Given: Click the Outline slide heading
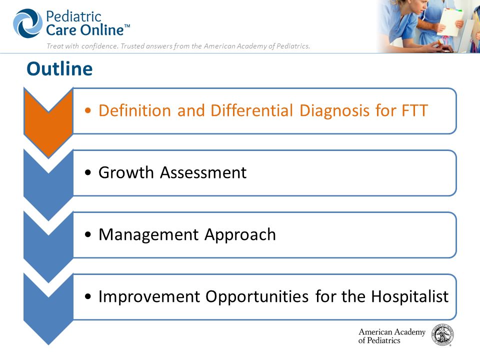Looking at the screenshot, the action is pyautogui.click(x=59, y=68).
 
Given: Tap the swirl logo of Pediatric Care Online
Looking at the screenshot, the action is pyautogui.click(x=27, y=23).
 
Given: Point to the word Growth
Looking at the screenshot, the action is pyautogui.click(x=126, y=172).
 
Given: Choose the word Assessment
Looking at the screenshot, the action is pyautogui.click(x=203, y=172).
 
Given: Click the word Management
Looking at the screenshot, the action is pyautogui.click(x=148, y=235).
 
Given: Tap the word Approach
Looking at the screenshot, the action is pyautogui.click(x=240, y=235).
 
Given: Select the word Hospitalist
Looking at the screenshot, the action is pyautogui.click(x=410, y=296).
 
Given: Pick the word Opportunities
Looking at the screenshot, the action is pyautogui.click(x=257, y=296).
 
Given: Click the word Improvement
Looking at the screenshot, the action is pyautogui.click(x=149, y=296).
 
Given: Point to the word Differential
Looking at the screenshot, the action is pyautogui.click(x=251, y=110).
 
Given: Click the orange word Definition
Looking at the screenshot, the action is pyautogui.click(x=134, y=110).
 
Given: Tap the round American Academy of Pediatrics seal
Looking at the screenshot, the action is pyautogui.click(x=442, y=335).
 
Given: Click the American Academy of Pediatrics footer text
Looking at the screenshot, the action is pyautogui.click(x=392, y=336).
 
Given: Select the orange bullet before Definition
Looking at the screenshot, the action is pyautogui.click(x=88, y=110).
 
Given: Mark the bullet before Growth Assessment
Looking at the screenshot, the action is pyautogui.click(x=88, y=172).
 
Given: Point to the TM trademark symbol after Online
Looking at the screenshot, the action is pyautogui.click(x=127, y=26).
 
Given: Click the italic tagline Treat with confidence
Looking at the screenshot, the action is pyautogui.click(x=178, y=46).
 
